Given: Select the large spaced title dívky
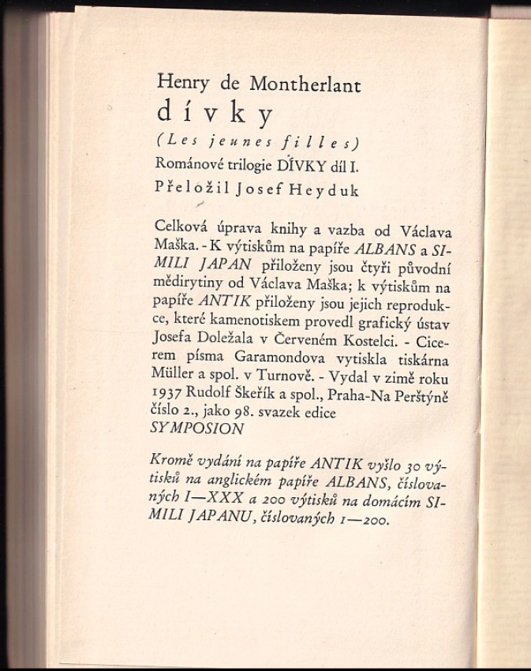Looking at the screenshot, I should coord(215,115).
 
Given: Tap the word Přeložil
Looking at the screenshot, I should coord(188,190).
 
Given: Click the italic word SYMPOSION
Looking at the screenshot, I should coord(196,429).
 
